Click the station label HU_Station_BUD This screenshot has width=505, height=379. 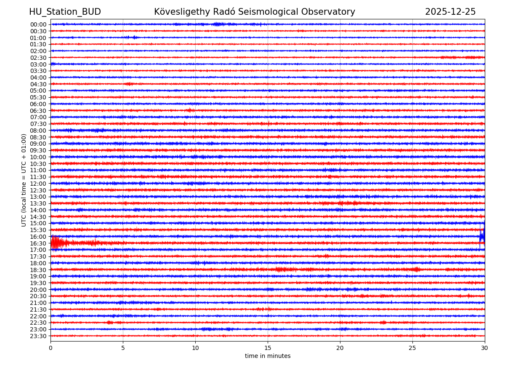[x=65, y=12]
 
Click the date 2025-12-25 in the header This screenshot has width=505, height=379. [x=450, y=12]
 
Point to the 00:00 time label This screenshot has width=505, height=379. [x=38, y=24]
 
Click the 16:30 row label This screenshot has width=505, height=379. [x=38, y=243]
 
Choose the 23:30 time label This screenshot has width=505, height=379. [x=38, y=336]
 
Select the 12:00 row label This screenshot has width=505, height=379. [x=38, y=184]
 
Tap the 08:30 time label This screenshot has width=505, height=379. [x=38, y=137]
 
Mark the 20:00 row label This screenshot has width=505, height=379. [x=38, y=290]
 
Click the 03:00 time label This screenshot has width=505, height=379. [x=38, y=64]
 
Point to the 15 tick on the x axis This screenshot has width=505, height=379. [x=268, y=348]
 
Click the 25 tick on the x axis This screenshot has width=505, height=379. [x=412, y=348]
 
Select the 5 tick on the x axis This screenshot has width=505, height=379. [x=123, y=348]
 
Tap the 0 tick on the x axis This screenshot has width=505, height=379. [x=50, y=348]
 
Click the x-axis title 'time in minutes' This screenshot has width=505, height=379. [x=268, y=356]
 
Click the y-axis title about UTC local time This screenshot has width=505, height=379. [x=24, y=180]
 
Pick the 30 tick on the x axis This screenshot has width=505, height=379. [x=485, y=348]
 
